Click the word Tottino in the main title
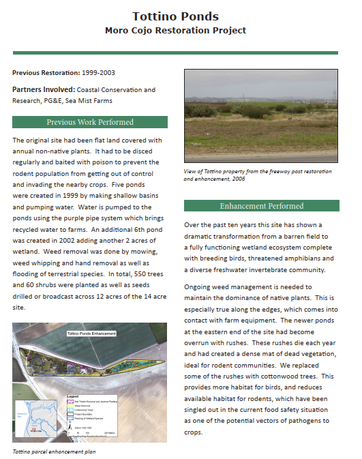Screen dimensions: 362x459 pyautogui.click(x=155, y=16)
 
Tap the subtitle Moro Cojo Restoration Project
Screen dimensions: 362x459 pyautogui.click(x=175, y=31)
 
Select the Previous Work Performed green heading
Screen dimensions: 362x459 pyautogui.click(x=90, y=122)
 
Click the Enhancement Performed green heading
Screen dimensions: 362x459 pyautogui.click(x=262, y=205)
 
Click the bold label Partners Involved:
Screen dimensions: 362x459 pyautogui.click(x=43, y=89)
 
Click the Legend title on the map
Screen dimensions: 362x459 pyautogui.click(x=73, y=396)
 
